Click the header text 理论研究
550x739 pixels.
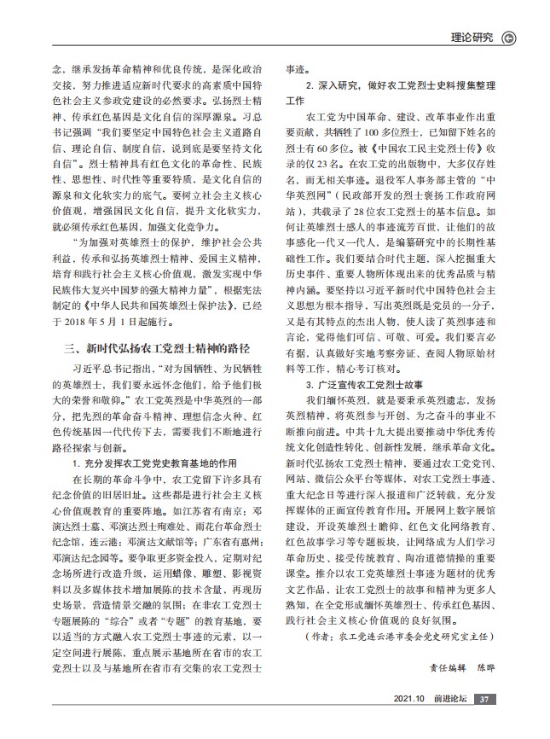pos(472,37)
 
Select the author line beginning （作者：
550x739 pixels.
pos(401,636)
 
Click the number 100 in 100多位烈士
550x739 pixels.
pos(373,134)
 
